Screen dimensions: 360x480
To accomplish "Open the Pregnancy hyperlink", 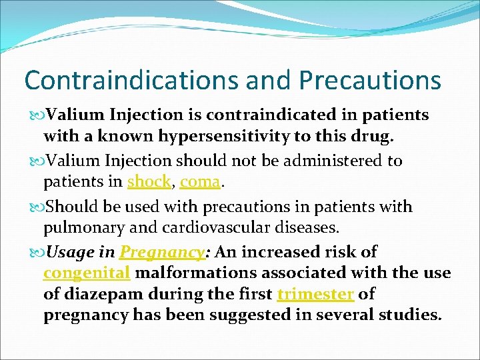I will [x=161, y=252].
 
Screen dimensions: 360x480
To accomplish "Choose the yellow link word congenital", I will [x=86, y=273].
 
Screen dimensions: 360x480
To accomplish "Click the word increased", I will [x=279, y=252].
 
